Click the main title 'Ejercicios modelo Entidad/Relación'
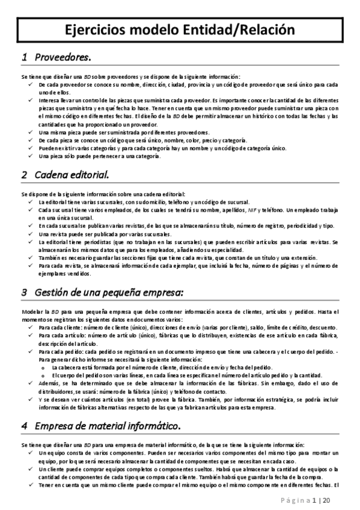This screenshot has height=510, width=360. click(x=180, y=29)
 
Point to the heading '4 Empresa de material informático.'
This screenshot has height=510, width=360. click(x=100, y=410)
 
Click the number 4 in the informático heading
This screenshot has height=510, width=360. click(x=24, y=410)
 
